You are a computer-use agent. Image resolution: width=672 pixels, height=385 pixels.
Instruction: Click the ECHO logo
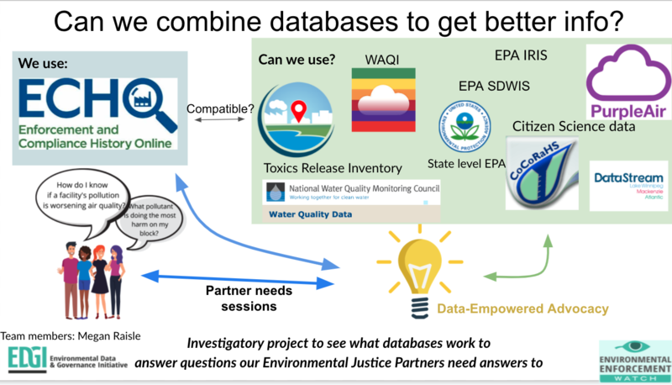pos(94,114)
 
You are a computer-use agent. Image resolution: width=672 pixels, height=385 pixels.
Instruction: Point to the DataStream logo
pos(628,185)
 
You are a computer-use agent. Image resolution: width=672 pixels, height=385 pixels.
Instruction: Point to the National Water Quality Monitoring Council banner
pos(350,192)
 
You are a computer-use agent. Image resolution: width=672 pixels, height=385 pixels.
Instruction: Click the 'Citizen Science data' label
pos(574,127)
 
